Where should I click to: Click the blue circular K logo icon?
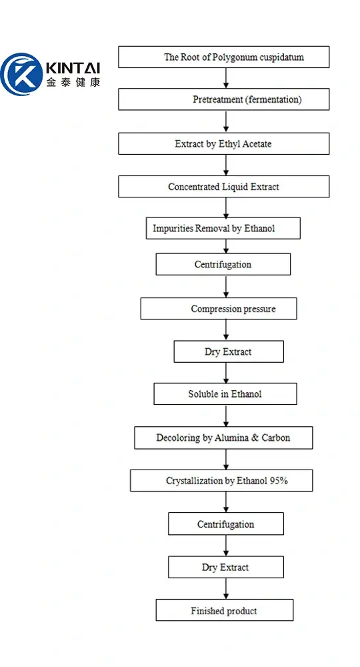pyautogui.click(x=21, y=74)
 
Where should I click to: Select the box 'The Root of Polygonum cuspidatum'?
pyautogui.click(x=223, y=57)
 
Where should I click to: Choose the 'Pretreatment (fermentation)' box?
pyautogui.click(x=223, y=100)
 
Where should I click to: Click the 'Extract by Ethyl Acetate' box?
pyautogui.click(x=223, y=143)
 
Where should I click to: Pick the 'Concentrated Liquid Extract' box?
pyautogui.click(x=223, y=187)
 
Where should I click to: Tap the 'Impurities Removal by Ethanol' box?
pyautogui.click(x=223, y=228)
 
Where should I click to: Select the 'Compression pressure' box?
pyautogui.click(x=219, y=309)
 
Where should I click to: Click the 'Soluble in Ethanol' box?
pyautogui.click(x=225, y=394)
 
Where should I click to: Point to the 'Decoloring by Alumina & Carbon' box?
pyautogui.click(x=223, y=438)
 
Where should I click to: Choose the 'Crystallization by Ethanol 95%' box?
pyautogui.click(x=221, y=481)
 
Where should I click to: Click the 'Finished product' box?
pyautogui.click(x=224, y=610)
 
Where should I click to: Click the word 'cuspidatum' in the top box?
pyautogui.click(x=281, y=57)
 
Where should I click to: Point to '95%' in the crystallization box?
pyautogui.click(x=279, y=481)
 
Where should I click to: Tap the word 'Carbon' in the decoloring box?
pyautogui.click(x=275, y=438)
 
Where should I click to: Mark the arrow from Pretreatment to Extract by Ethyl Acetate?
pyautogui.click(x=226, y=122)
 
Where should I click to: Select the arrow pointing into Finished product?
pyautogui.click(x=226, y=589)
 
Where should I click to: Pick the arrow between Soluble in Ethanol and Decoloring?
pyautogui.click(x=226, y=416)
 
